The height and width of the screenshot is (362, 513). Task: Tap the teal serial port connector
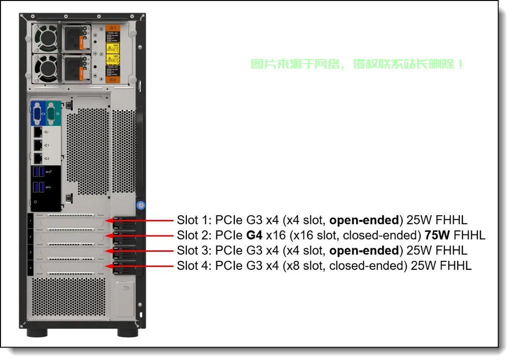pyautogui.click(x=54, y=114)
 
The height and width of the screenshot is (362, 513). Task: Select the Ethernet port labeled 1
pyautogui.click(x=39, y=145)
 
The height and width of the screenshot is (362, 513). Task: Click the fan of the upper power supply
pyautogui.click(x=47, y=38)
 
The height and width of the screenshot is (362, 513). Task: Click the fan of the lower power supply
pyautogui.click(x=47, y=69)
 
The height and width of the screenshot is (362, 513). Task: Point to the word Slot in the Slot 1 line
pyautogui.click(x=187, y=220)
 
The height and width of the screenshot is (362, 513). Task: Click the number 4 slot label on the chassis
pyautogui.click(x=30, y=268)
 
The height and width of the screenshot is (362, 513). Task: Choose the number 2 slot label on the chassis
pyautogui.click(x=30, y=236)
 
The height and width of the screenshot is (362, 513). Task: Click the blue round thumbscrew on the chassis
pyautogui.click(x=140, y=205)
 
